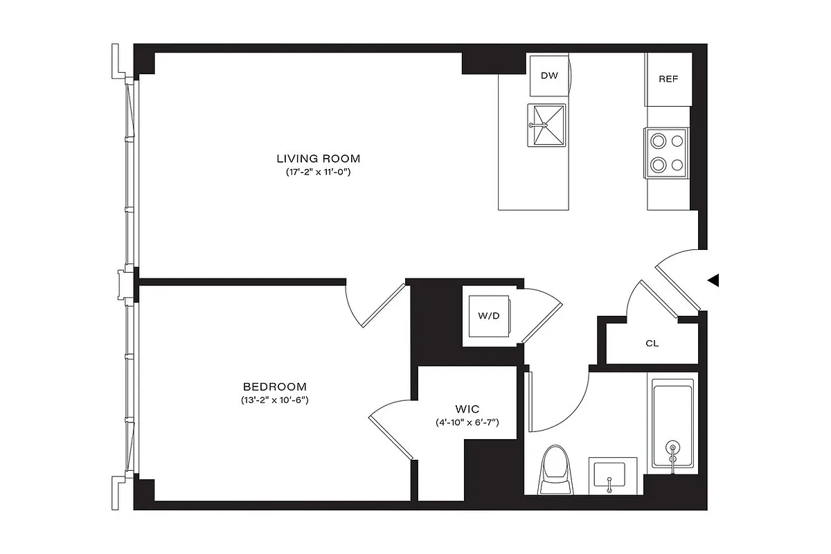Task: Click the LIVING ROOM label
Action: click(x=320, y=158)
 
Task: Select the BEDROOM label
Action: click(x=275, y=386)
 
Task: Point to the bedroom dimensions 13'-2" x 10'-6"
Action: click(x=275, y=400)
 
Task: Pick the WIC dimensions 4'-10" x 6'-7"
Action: click(x=468, y=422)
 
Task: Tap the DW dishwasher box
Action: click(x=548, y=76)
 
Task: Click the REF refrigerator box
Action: click(x=668, y=79)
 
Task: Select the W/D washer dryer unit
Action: click(x=489, y=316)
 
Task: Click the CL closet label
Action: click(x=652, y=343)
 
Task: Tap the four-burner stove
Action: click(x=666, y=153)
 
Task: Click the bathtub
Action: click(x=672, y=422)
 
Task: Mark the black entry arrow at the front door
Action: click(x=713, y=280)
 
